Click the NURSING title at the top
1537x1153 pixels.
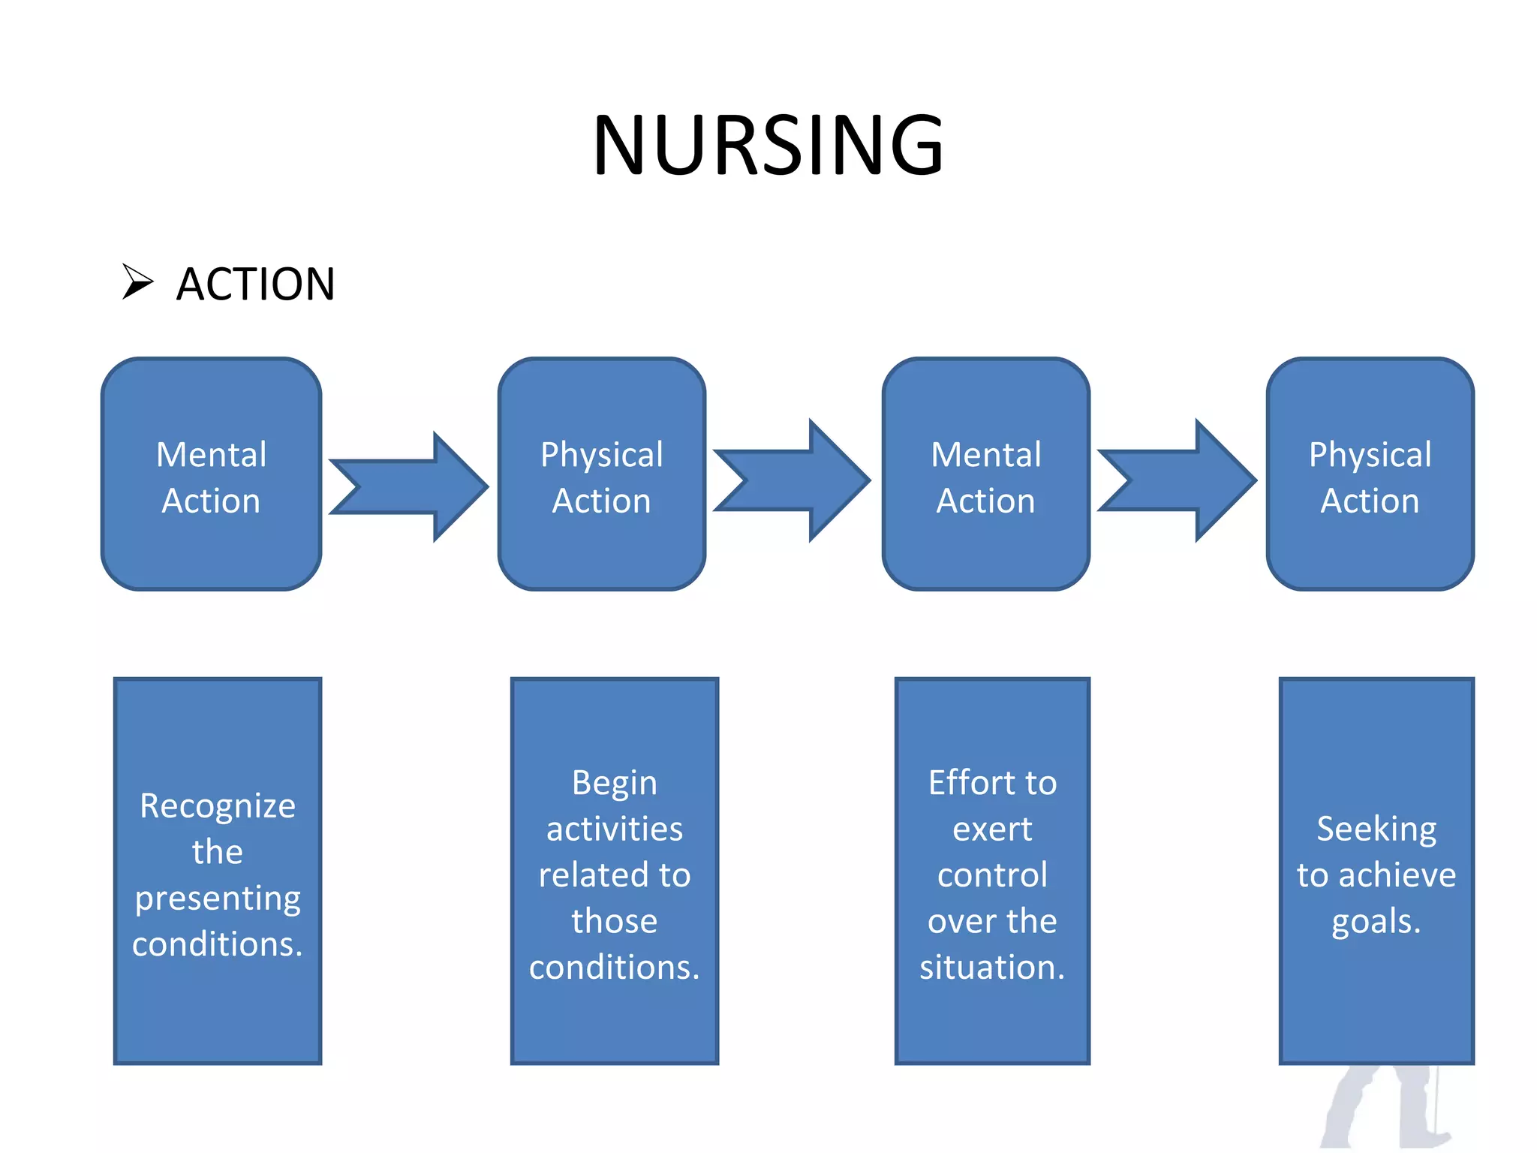768,145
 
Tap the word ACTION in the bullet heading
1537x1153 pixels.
255,284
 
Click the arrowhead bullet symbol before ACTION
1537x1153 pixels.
137,282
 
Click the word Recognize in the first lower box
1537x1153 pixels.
218,806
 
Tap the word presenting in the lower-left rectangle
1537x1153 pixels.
218,899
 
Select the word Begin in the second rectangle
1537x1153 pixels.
614,784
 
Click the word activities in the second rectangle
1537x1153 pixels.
614,829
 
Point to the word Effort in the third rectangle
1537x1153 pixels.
964,783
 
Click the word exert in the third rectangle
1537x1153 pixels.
992,829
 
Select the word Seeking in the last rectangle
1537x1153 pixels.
1376,829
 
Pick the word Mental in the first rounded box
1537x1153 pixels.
211,455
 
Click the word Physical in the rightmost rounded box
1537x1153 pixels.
1370,455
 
